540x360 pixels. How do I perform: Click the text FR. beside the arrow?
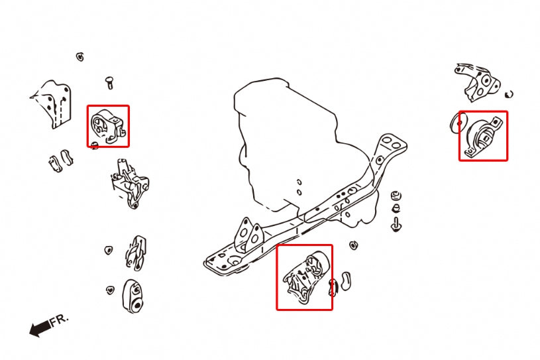pos(60,320)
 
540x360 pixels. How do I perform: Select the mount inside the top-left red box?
pos(107,126)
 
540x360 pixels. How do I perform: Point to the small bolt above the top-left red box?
pos(109,82)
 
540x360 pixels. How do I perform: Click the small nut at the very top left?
pos(80,56)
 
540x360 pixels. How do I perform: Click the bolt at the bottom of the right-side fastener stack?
pos(397,223)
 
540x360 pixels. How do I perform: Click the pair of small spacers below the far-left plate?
pos(60,159)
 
